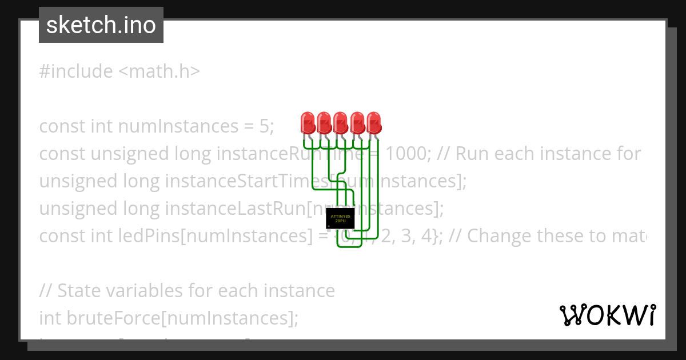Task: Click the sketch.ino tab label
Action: (x=101, y=25)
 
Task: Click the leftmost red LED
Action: (x=308, y=123)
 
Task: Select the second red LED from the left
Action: (x=324, y=123)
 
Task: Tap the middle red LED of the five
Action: (x=341, y=123)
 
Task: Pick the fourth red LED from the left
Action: (x=357, y=123)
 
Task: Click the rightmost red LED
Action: (x=374, y=123)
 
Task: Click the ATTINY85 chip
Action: (x=340, y=218)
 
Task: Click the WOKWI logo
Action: (x=608, y=315)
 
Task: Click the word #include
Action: (x=76, y=71)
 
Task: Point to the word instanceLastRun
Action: (x=236, y=208)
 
